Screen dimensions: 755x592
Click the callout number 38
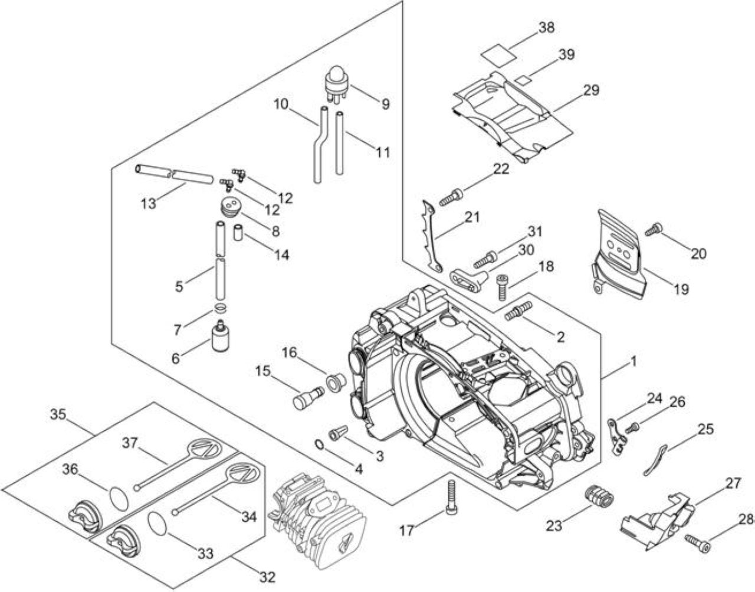click(x=547, y=28)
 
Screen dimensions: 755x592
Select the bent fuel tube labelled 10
click(x=320, y=144)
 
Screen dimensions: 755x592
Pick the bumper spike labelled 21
click(x=432, y=236)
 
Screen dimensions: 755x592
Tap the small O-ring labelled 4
click(x=319, y=444)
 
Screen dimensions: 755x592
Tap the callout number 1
click(x=633, y=362)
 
